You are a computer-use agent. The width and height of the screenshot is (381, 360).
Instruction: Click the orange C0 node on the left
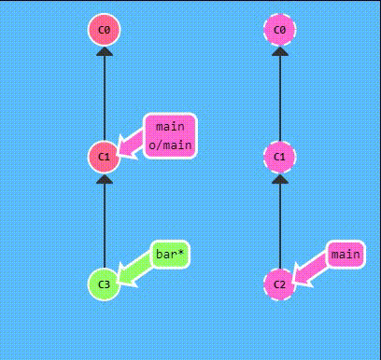(105, 31)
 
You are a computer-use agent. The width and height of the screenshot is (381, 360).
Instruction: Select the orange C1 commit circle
(105, 156)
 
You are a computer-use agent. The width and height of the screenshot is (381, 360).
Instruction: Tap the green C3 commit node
(105, 283)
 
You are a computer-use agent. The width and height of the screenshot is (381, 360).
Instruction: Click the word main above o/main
(169, 127)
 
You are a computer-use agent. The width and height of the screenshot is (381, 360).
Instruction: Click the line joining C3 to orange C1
(105, 224)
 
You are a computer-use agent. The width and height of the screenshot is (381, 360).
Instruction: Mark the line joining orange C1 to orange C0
(105, 98)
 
